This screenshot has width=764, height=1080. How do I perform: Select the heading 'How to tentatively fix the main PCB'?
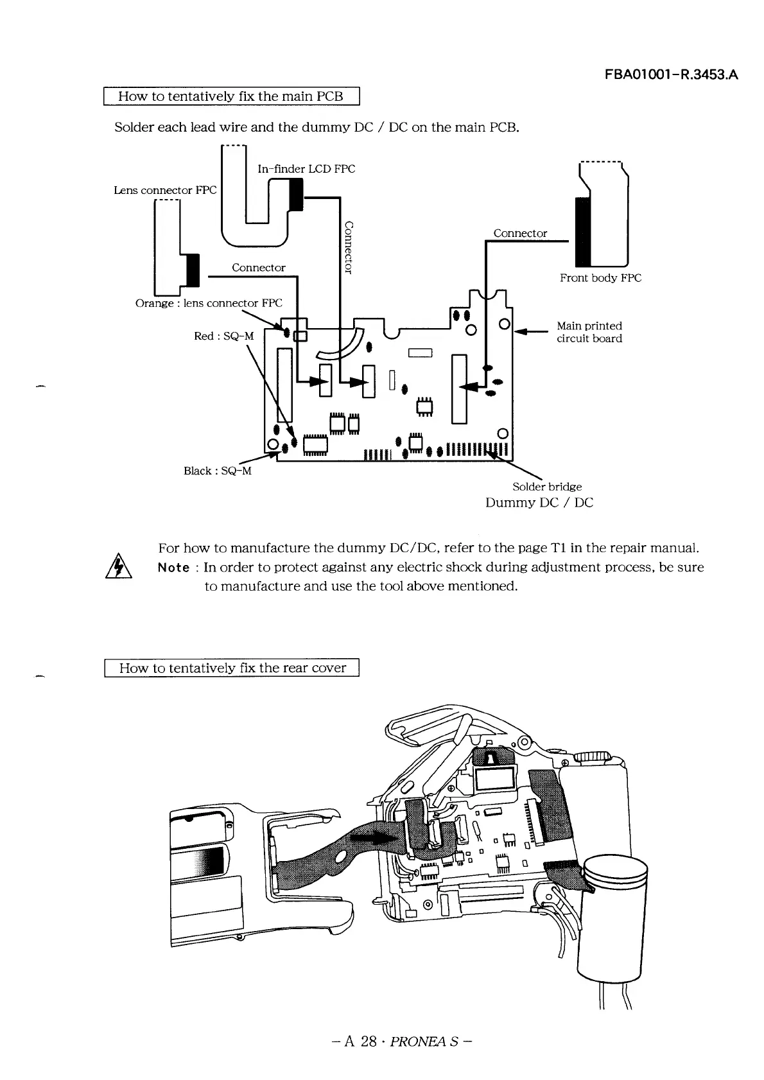pyautogui.click(x=231, y=96)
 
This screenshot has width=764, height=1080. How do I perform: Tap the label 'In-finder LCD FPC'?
pyautogui.click(x=306, y=169)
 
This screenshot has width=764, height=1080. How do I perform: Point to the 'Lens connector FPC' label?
pyautogui.click(x=165, y=190)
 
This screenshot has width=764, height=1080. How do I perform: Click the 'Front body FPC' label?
pyautogui.click(x=600, y=277)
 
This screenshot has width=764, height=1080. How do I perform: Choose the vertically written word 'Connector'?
pyautogui.click(x=349, y=247)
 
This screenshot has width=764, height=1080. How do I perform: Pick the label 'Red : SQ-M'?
pyautogui.click(x=223, y=336)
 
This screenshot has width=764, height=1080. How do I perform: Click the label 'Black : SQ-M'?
pyautogui.click(x=217, y=471)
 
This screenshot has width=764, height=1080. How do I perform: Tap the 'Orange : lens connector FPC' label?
pyautogui.click(x=209, y=303)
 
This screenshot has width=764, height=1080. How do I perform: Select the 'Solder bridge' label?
pyautogui.click(x=547, y=487)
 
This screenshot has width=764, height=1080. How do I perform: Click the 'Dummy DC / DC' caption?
pyautogui.click(x=539, y=502)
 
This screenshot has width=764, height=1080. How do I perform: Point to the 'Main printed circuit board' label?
pyautogui.click(x=589, y=332)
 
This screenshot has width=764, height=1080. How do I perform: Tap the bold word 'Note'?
pyautogui.click(x=173, y=568)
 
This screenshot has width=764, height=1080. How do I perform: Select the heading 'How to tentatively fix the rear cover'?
pyautogui.click(x=232, y=668)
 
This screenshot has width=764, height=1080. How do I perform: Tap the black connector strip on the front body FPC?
pyautogui.click(x=582, y=232)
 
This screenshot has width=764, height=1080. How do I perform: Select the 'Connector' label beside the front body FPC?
pyautogui.click(x=520, y=233)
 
